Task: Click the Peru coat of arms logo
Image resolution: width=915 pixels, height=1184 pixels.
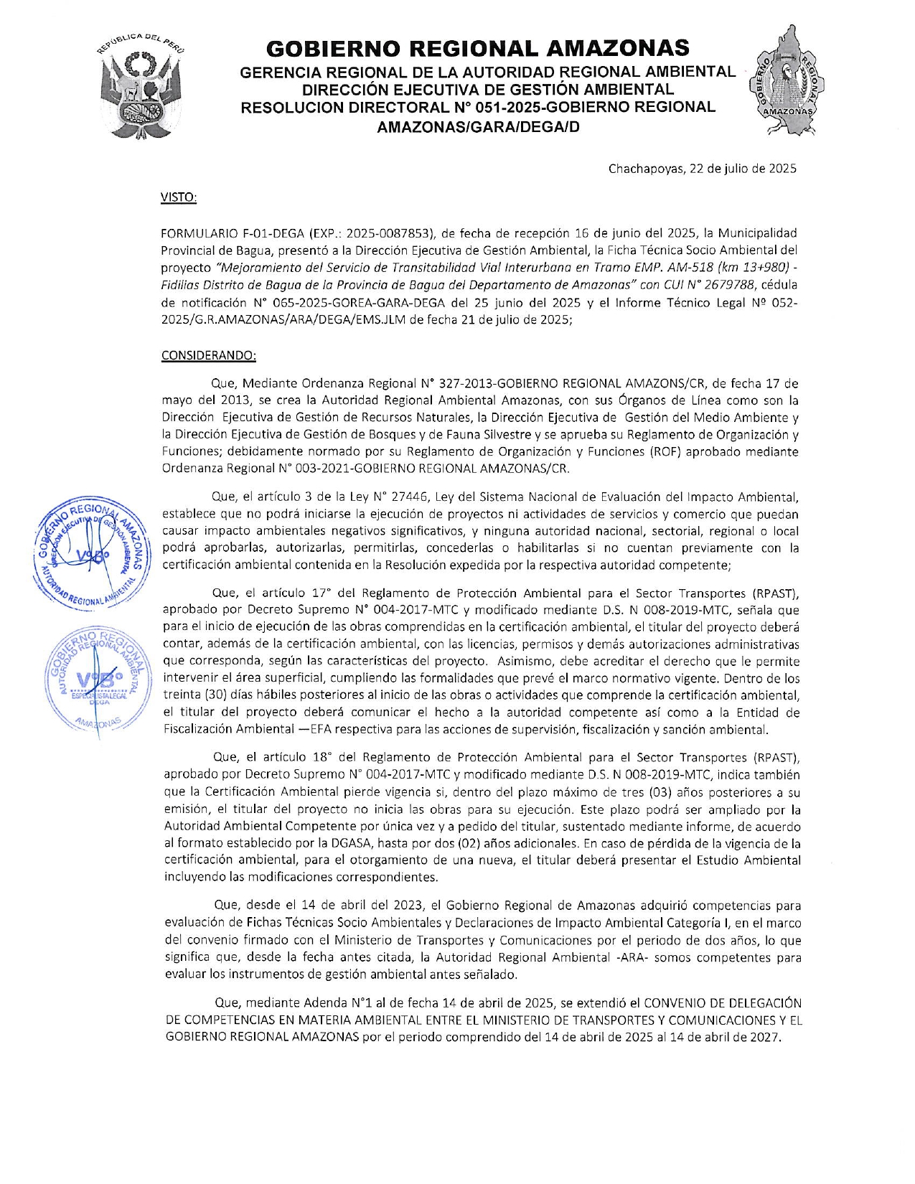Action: [140, 86]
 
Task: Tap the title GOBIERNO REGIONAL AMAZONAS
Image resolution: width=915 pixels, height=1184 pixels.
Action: [477, 48]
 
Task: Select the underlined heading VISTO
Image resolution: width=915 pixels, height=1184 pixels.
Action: [179, 197]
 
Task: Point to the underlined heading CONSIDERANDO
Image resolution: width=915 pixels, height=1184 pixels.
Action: [208, 355]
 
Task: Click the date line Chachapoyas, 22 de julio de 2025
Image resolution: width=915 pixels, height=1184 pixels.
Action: [702, 169]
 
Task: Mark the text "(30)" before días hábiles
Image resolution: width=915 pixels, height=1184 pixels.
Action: [217, 695]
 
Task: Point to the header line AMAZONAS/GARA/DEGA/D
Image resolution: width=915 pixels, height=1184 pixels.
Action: [478, 127]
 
